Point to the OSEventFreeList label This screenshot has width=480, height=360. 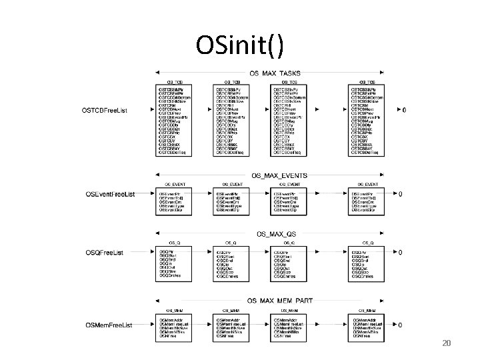(x=111, y=194)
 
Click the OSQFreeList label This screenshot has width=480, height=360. (x=109, y=253)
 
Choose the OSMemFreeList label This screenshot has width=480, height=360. (x=109, y=325)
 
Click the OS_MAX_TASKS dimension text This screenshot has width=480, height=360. (x=275, y=73)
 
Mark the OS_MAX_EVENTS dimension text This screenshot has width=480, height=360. (x=280, y=175)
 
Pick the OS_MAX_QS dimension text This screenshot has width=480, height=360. (x=277, y=234)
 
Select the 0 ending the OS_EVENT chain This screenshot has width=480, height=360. (x=400, y=194)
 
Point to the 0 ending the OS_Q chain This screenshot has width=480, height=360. (x=400, y=253)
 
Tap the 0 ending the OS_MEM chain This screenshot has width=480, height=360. (x=400, y=325)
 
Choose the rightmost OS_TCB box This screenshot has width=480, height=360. (x=367, y=120)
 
